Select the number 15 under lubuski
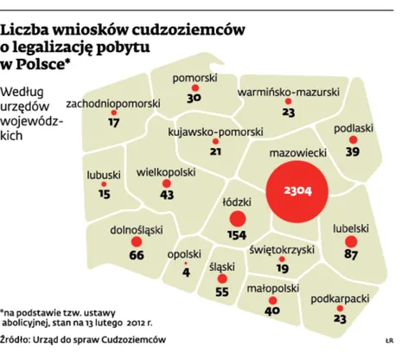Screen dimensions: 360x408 (x=105, y=195)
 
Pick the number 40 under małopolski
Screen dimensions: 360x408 (x=272, y=310)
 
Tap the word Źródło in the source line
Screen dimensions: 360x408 (x=18, y=340)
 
